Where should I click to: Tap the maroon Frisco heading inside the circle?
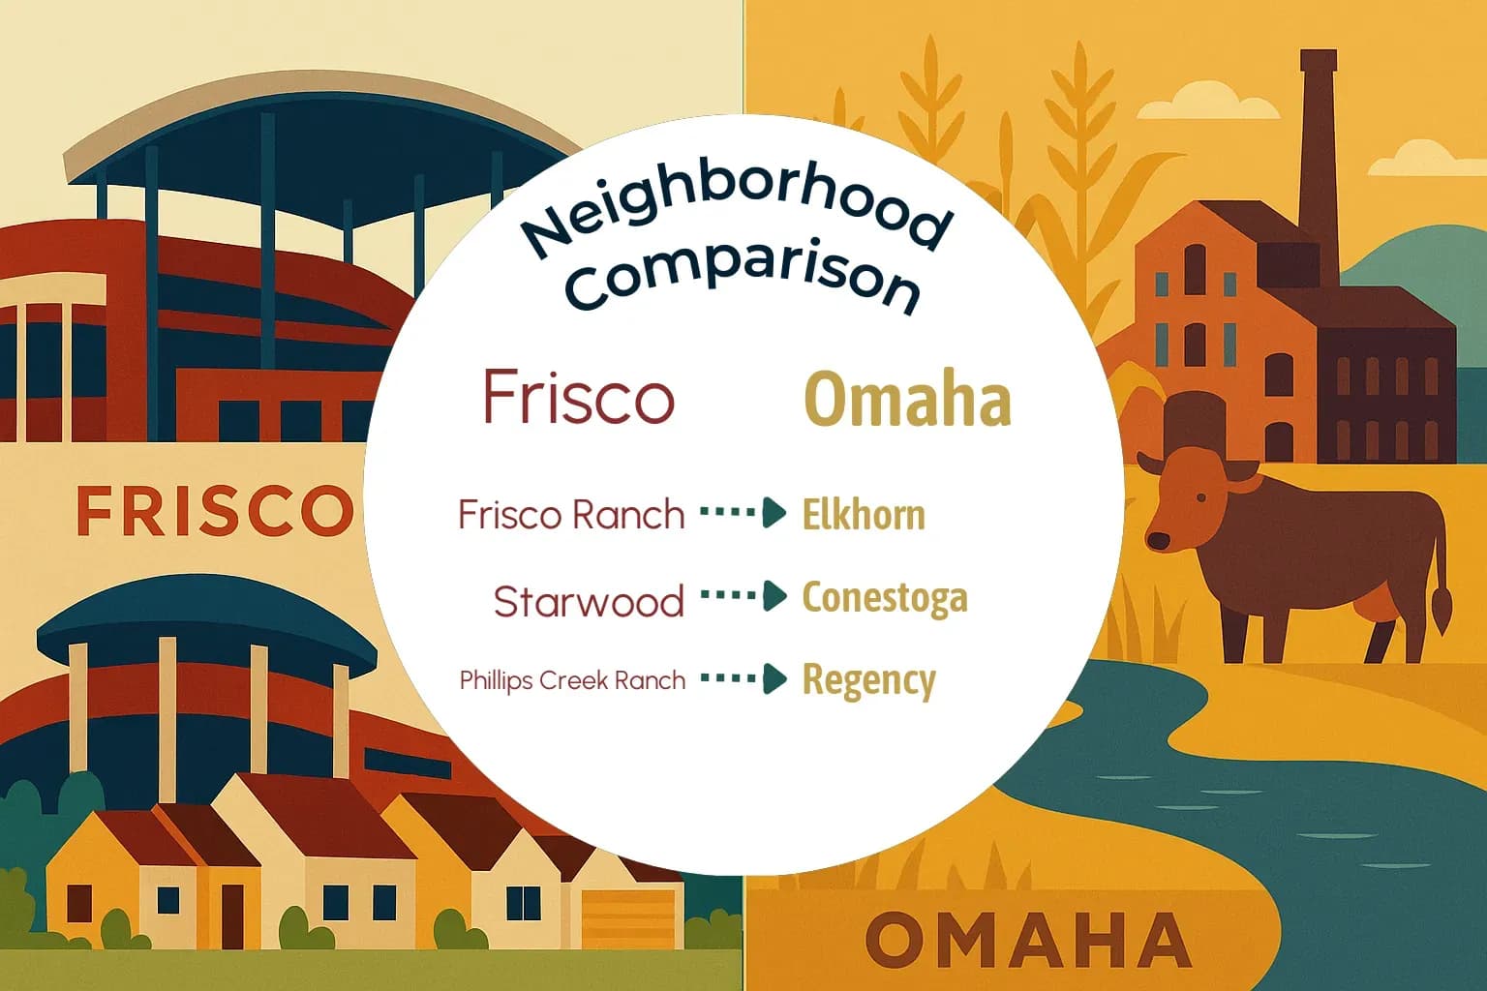coord(578,397)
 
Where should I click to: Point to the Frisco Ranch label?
coord(571,515)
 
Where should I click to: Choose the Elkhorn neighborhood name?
coord(864,515)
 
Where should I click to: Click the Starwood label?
coord(589,602)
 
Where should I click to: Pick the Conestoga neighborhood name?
coord(885,597)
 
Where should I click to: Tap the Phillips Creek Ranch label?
coord(572,680)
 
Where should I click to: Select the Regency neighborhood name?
coord(869,681)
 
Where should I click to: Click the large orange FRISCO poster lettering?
coord(215,511)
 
